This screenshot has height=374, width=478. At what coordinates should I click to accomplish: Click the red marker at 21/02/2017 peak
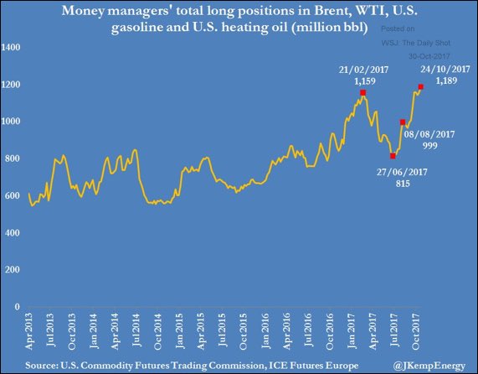point(362,93)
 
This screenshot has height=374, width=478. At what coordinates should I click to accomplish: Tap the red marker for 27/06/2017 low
point(393,156)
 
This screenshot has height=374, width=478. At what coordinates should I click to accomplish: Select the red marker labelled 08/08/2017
point(403,122)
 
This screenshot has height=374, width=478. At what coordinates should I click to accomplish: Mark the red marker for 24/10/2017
point(420,86)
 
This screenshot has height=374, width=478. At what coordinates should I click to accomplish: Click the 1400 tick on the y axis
point(13,47)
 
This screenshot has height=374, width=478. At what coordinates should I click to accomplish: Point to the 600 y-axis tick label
point(14,195)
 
